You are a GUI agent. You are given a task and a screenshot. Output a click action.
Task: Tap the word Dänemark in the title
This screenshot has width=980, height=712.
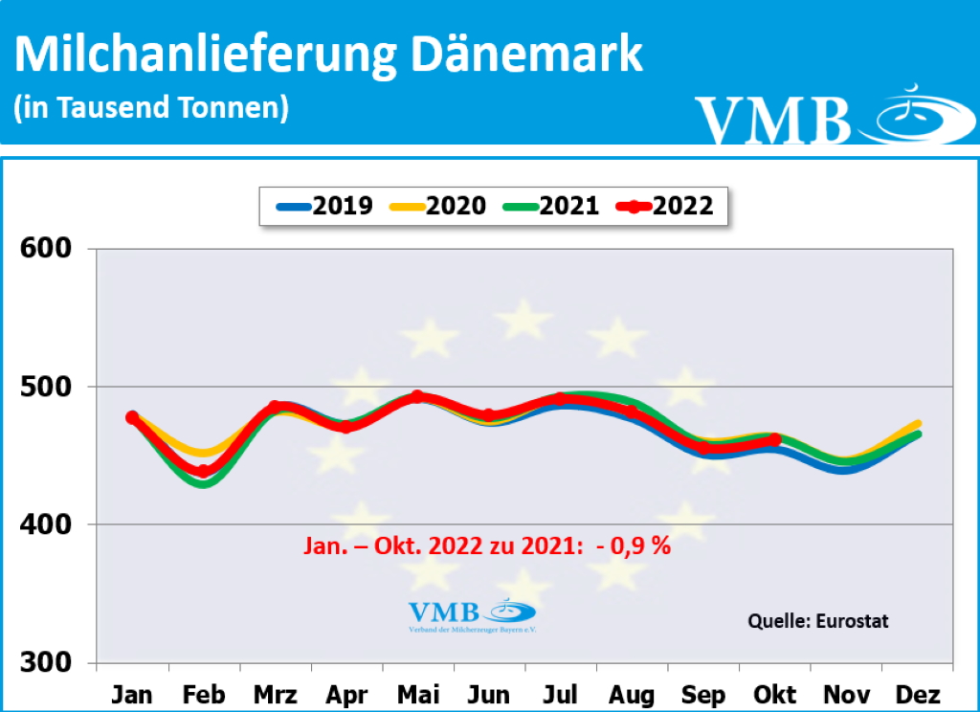(526, 56)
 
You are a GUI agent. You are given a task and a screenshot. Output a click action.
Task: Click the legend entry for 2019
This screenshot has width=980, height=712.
(325, 205)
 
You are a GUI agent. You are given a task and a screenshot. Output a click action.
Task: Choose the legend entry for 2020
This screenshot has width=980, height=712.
(438, 205)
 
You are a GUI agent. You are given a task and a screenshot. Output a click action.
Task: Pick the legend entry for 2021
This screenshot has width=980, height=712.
(551, 205)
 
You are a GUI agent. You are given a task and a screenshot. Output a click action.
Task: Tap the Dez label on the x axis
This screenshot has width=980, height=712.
(918, 694)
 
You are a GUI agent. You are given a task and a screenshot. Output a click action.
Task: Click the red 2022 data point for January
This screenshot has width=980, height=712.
(132, 417)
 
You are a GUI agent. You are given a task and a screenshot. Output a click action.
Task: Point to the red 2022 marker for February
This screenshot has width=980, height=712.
(203, 471)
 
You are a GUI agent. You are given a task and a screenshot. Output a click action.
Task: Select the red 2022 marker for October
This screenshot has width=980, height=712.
(775, 440)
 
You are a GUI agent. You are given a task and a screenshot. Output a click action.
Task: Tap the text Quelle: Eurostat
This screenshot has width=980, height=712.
(817, 621)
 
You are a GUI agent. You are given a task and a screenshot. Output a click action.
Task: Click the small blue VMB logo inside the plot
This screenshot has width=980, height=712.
(472, 615)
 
